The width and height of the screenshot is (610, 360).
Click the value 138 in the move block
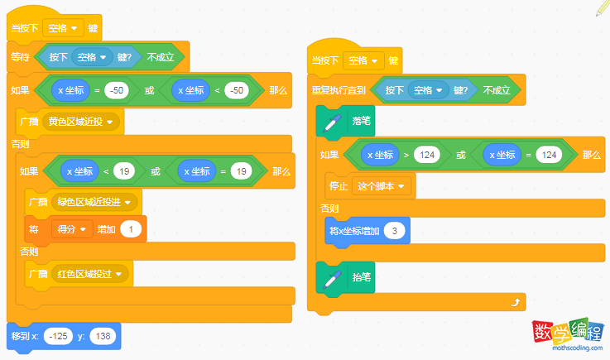[103, 336]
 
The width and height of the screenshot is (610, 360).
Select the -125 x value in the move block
[59, 336]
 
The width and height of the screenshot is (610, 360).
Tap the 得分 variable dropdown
[71, 229]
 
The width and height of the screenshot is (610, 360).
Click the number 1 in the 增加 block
[131, 229]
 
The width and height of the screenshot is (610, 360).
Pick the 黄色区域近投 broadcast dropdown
[80, 122]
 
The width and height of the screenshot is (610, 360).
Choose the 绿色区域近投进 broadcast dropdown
[94, 202]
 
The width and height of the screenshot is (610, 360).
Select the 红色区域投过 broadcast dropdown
[90, 274]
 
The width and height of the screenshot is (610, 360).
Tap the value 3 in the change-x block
[395, 231]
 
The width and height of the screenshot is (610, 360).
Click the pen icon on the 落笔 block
[332, 122]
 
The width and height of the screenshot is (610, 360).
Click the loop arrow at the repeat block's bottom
[515, 302]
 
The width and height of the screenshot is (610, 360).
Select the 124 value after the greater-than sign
[427, 155]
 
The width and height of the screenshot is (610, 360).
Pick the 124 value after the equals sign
[549, 155]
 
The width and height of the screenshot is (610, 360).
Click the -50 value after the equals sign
[117, 90]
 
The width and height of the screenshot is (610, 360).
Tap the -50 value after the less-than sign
[237, 90]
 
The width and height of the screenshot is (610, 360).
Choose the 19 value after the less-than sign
[124, 171]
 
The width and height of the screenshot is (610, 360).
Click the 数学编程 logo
[568, 334]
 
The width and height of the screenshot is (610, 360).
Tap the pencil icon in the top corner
[603, 7]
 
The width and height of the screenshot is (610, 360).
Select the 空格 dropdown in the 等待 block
[92, 57]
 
